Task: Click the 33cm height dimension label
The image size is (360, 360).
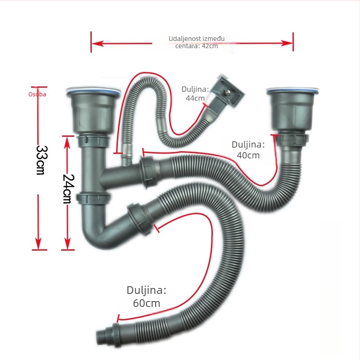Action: coord(42,160)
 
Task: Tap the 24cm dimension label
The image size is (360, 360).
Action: coord(68,189)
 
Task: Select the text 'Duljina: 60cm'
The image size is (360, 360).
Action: coord(147,297)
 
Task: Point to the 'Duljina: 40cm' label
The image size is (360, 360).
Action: coord(248,150)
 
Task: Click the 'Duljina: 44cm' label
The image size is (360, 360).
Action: coord(195,94)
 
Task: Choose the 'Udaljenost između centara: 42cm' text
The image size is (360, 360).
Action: coord(197,42)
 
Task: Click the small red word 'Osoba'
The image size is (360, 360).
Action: coord(37,94)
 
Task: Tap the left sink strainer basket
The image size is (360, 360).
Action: coord(93,111)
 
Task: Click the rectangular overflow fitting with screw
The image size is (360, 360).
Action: coord(228,92)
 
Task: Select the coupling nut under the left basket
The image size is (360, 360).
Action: coord(93,141)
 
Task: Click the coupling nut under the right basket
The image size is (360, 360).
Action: coord(292,139)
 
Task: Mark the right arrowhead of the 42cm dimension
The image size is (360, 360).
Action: coord(287,43)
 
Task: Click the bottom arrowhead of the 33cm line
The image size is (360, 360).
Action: coord(38,243)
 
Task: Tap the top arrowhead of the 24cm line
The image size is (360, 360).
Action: coord(67,142)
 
